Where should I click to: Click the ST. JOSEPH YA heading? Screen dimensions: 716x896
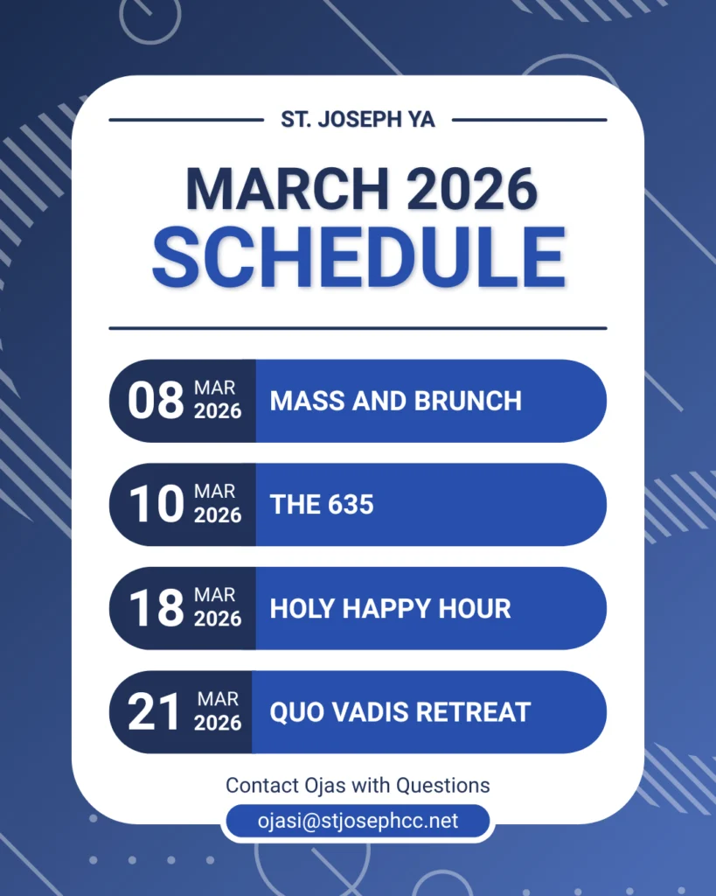tap(358, 119)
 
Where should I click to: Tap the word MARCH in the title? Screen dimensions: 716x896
tap(288, 189)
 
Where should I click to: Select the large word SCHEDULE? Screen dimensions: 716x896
tap(358, 257)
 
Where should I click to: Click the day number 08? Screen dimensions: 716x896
tap(156, 401)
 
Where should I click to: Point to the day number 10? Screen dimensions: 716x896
tap(156, 504)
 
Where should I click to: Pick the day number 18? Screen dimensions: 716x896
tap(156, 608)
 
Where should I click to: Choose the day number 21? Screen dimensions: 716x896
tap(153, 712)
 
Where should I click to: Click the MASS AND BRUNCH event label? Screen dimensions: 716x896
tap(396, 401)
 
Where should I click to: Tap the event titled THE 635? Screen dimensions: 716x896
tap(322, 505)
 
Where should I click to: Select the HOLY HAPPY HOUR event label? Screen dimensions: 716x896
tap(390, 609)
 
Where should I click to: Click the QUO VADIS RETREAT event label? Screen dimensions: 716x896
tap(400, 712)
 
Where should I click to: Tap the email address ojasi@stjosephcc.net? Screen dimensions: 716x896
tap(358, 821)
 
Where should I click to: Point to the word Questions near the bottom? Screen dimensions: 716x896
tap(443, 786)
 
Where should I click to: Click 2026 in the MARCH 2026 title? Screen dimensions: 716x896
tap(471, 189)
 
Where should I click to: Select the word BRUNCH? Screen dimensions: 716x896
tap(468, 401)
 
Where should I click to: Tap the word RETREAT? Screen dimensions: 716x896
tap(473, 712)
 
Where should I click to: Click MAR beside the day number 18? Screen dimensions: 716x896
tap(215, 595)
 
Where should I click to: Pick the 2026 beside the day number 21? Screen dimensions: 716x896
tap(218, 724)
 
